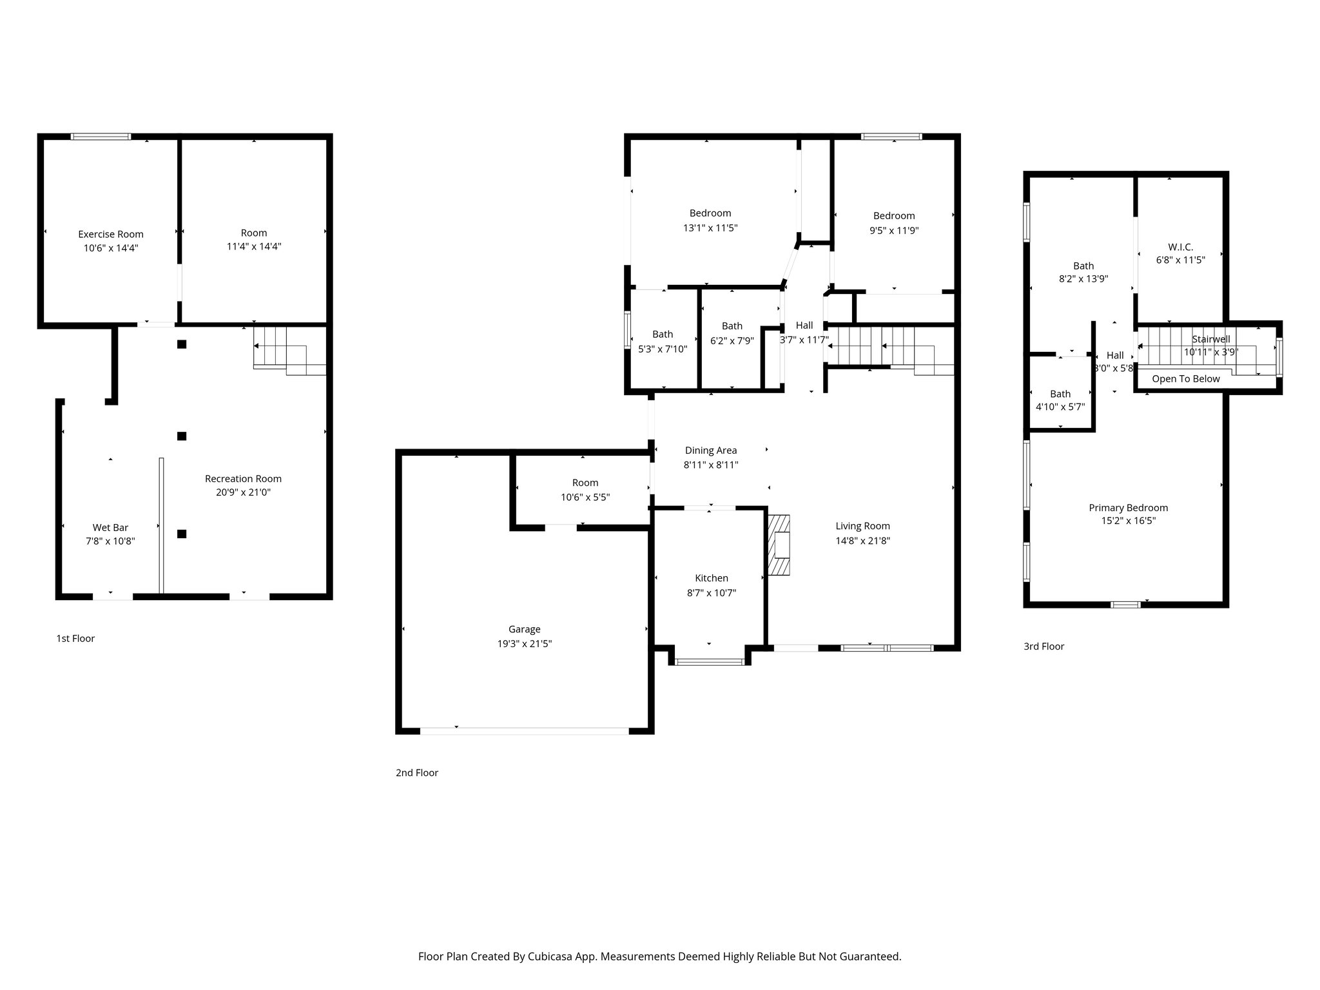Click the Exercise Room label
point(111,234)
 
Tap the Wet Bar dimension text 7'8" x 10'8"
point(110,541)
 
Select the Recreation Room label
point(243,478)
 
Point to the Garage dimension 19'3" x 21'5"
point(524,643)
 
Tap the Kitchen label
point(711,578)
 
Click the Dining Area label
point(710,451)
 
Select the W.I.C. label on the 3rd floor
point(1180,247)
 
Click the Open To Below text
point(1185,379)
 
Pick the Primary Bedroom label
point(1128,507)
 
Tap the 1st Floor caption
point(75,638)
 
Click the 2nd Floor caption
point(416,772)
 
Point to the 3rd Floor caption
point(1043,646)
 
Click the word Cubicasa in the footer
point(550,956)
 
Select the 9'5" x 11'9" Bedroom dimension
point(894,230)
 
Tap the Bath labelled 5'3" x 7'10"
point(663,334)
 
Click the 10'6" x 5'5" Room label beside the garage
point(585,483)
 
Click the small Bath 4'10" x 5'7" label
point(1060,394)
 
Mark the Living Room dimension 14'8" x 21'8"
point(862,541)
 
